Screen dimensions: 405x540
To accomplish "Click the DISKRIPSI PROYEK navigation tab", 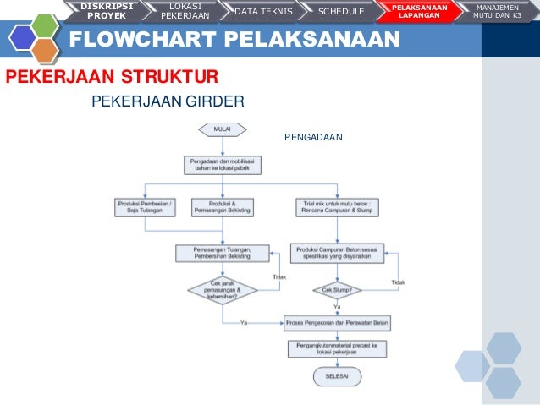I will (x=107, y=10).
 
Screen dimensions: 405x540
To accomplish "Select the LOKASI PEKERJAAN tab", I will (x=185, y=10).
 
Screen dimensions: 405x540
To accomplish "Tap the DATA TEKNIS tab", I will (x=262, y=11).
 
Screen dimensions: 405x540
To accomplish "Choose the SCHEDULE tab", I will (x=341, y=11).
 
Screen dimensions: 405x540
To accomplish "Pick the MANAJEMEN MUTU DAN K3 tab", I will (x=499, y=10).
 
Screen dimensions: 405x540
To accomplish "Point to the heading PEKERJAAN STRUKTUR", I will (x=112, y=78).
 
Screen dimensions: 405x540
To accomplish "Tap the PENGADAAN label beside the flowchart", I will (x=313, y=135).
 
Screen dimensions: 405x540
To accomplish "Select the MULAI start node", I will (x=222, y=129).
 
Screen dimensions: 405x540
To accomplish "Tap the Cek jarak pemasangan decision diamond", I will (x=222, y=290).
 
